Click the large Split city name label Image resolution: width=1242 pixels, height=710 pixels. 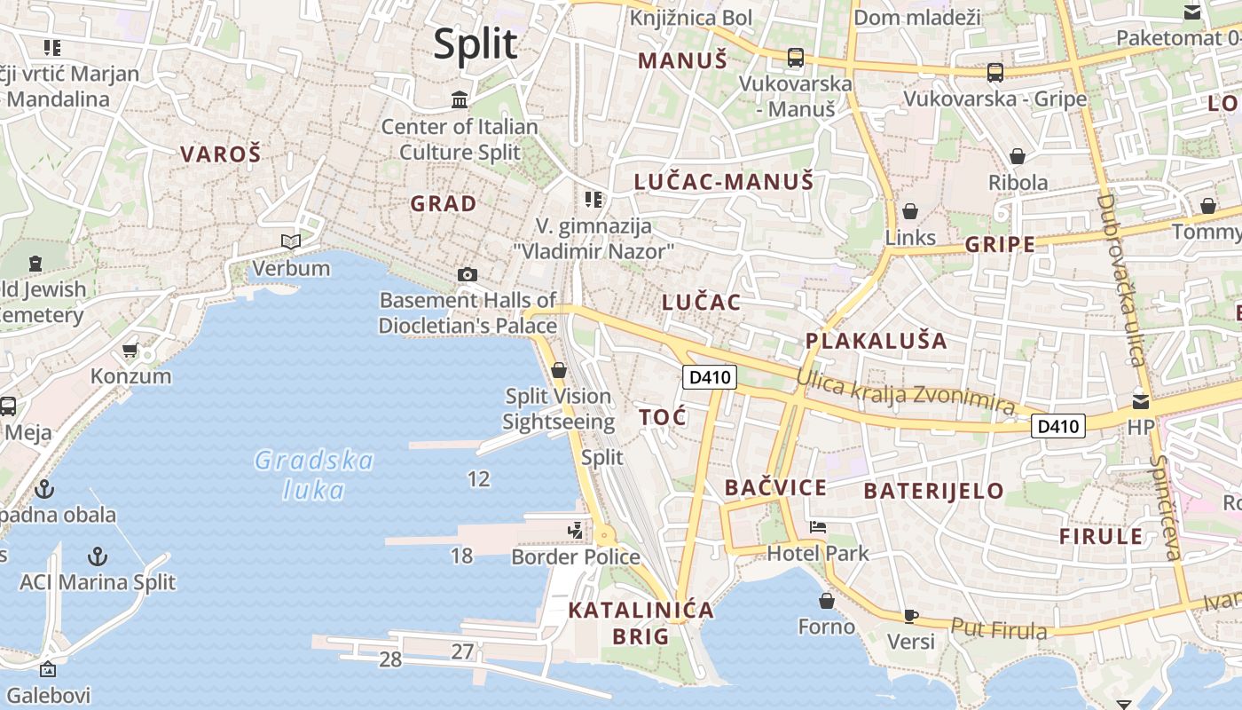(x=476, y=43)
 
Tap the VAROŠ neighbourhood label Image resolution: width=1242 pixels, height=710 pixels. (x=221, y=154)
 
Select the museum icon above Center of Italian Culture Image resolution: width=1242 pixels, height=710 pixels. (x=460, y=99)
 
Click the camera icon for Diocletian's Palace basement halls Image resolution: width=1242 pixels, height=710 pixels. (x=468, y=275)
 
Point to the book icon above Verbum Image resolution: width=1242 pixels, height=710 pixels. (x=291, y=241)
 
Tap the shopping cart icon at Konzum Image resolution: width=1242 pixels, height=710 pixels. (x=130, y=351)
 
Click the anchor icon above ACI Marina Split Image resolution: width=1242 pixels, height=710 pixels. (x=98, y=556)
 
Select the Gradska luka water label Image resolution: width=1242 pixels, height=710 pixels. (x=314, y=475)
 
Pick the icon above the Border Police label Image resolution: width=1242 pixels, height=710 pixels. (x=576, y=531)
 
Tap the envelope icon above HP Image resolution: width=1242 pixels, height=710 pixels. (x=1140, y=401)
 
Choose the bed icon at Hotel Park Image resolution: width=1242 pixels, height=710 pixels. (x=817, y=527)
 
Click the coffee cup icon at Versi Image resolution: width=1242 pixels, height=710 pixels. (x=910, y=616)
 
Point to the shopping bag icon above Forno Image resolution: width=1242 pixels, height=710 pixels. (x=827, y=601)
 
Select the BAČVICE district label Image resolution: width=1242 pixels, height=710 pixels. (x=775, y=487)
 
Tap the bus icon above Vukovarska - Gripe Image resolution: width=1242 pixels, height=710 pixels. (x=995, y=73)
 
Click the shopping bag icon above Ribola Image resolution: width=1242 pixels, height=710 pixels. (x=1018, y=156)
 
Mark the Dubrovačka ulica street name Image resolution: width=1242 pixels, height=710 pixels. (x=1121, y=280)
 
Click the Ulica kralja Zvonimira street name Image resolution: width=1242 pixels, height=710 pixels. (x=905, y=391)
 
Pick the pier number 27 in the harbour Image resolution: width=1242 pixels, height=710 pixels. (x=462, y=651)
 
